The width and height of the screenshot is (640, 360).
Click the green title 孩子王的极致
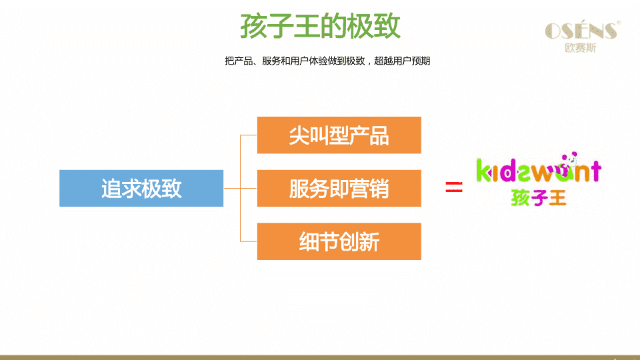click(320, 26)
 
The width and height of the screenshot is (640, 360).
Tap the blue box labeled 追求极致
click(141, 188)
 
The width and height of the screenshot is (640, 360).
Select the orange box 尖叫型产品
click(339, 135)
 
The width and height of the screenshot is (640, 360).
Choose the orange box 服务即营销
click(339, 188)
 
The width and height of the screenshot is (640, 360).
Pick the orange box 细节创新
click(339, 241)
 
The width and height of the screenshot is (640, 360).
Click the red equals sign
click(454, 187)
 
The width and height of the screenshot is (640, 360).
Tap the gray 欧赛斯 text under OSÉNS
click(580, 48)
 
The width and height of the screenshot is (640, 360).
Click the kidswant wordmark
click(539, 170)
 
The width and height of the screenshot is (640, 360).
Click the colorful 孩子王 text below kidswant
click(538, 198)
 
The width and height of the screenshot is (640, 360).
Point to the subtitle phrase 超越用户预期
click(402, 61)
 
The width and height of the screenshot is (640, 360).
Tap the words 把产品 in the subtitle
click(239, 61)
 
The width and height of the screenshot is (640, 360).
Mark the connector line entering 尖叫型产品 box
click(248, 135)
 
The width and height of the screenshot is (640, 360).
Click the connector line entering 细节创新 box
click(248, 241)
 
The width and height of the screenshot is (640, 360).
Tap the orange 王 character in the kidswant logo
click(557, 198)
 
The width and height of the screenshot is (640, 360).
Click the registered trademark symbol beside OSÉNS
click(619, 22)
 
